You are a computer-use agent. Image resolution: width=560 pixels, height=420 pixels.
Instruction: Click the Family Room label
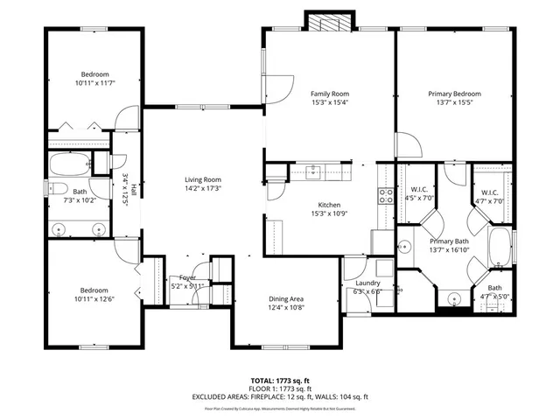[329, 94]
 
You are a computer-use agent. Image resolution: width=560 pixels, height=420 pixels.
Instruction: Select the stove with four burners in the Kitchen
[386, 195]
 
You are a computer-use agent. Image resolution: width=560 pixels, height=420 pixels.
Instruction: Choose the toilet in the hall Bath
[59, 188]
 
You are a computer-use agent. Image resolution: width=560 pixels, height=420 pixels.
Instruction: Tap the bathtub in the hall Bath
[68, 164]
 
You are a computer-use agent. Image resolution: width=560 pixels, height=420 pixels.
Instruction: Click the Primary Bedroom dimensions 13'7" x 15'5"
[453, 102]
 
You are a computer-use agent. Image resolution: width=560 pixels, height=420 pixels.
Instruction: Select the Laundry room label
[367, 282]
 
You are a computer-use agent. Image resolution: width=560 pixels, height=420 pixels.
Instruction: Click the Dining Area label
[285, 298]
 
